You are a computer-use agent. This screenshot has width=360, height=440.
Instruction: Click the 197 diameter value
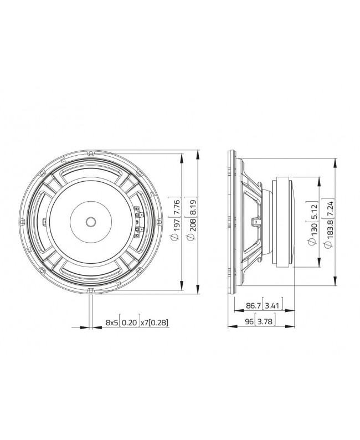pyautogui.click(x=176, y=224)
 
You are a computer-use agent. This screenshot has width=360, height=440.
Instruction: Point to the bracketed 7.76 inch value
pyautogui.click(x=176, y=203)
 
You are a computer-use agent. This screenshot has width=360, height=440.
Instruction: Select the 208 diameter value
pyautogui.click(x=192, y=224)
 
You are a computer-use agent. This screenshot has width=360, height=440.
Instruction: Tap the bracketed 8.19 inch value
pyautogui.click(x=192, y=203)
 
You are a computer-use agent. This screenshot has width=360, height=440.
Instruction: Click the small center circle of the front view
pyautogui.click(x=90, y=221)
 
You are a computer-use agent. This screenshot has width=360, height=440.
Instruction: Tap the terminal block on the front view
pyautogui.click(x=137, y=221)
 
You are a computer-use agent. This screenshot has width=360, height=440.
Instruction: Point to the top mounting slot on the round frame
pyautogui.click(x=91, y=152)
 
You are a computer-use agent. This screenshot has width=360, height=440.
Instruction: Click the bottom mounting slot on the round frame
pyautogui.click(x=91, y=290)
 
